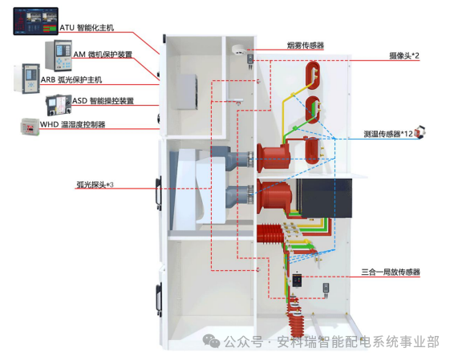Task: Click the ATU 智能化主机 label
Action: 87,28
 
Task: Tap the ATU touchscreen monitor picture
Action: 36,21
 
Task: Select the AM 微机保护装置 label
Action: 103,55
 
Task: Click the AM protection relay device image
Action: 59,55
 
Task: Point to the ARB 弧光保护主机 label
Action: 71,79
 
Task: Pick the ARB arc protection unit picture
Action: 27,79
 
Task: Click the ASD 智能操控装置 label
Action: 103,101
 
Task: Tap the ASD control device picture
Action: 59,105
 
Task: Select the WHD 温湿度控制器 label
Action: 72,124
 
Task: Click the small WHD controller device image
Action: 30,126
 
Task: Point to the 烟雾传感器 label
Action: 306,46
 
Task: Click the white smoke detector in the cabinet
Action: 239,49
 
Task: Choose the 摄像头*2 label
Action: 404,55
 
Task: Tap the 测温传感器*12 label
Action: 388,134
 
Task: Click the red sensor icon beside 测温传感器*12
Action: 420,132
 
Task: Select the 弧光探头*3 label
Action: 95,184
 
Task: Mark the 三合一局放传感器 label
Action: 391,272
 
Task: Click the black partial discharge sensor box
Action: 297,280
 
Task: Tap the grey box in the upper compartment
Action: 188,91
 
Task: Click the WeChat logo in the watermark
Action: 211,341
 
